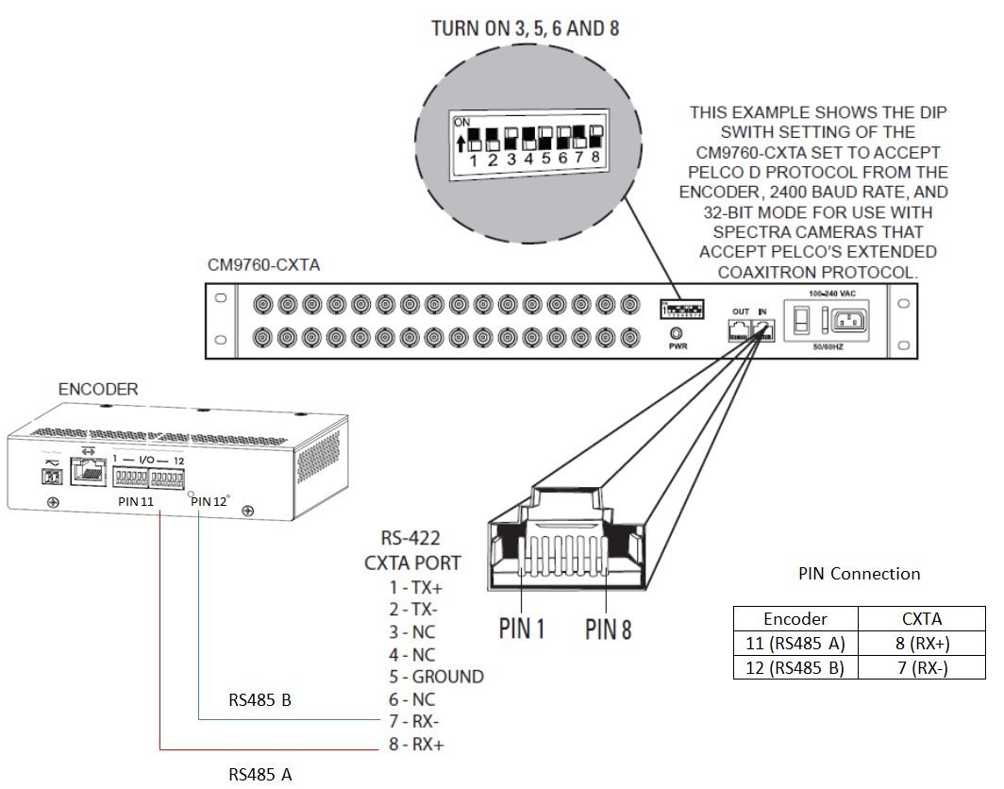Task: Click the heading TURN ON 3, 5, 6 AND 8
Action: pos(525,28)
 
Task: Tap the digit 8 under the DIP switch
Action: pos(594,158)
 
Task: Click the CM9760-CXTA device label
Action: pos(263,265)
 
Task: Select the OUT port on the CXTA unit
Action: pos(739,329)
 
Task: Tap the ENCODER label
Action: pos(97,389)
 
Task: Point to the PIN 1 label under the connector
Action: pos(521,629)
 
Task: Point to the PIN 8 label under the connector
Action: pos(608,629)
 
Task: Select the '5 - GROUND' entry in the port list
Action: pos(436,677)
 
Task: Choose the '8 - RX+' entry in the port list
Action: pos(416,745)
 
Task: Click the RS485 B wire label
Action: pos(260,701)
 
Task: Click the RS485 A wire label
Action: pos(260,775)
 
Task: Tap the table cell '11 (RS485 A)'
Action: pos(795,643)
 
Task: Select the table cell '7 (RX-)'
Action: pos(921,667)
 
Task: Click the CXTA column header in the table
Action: pos(921,619)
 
